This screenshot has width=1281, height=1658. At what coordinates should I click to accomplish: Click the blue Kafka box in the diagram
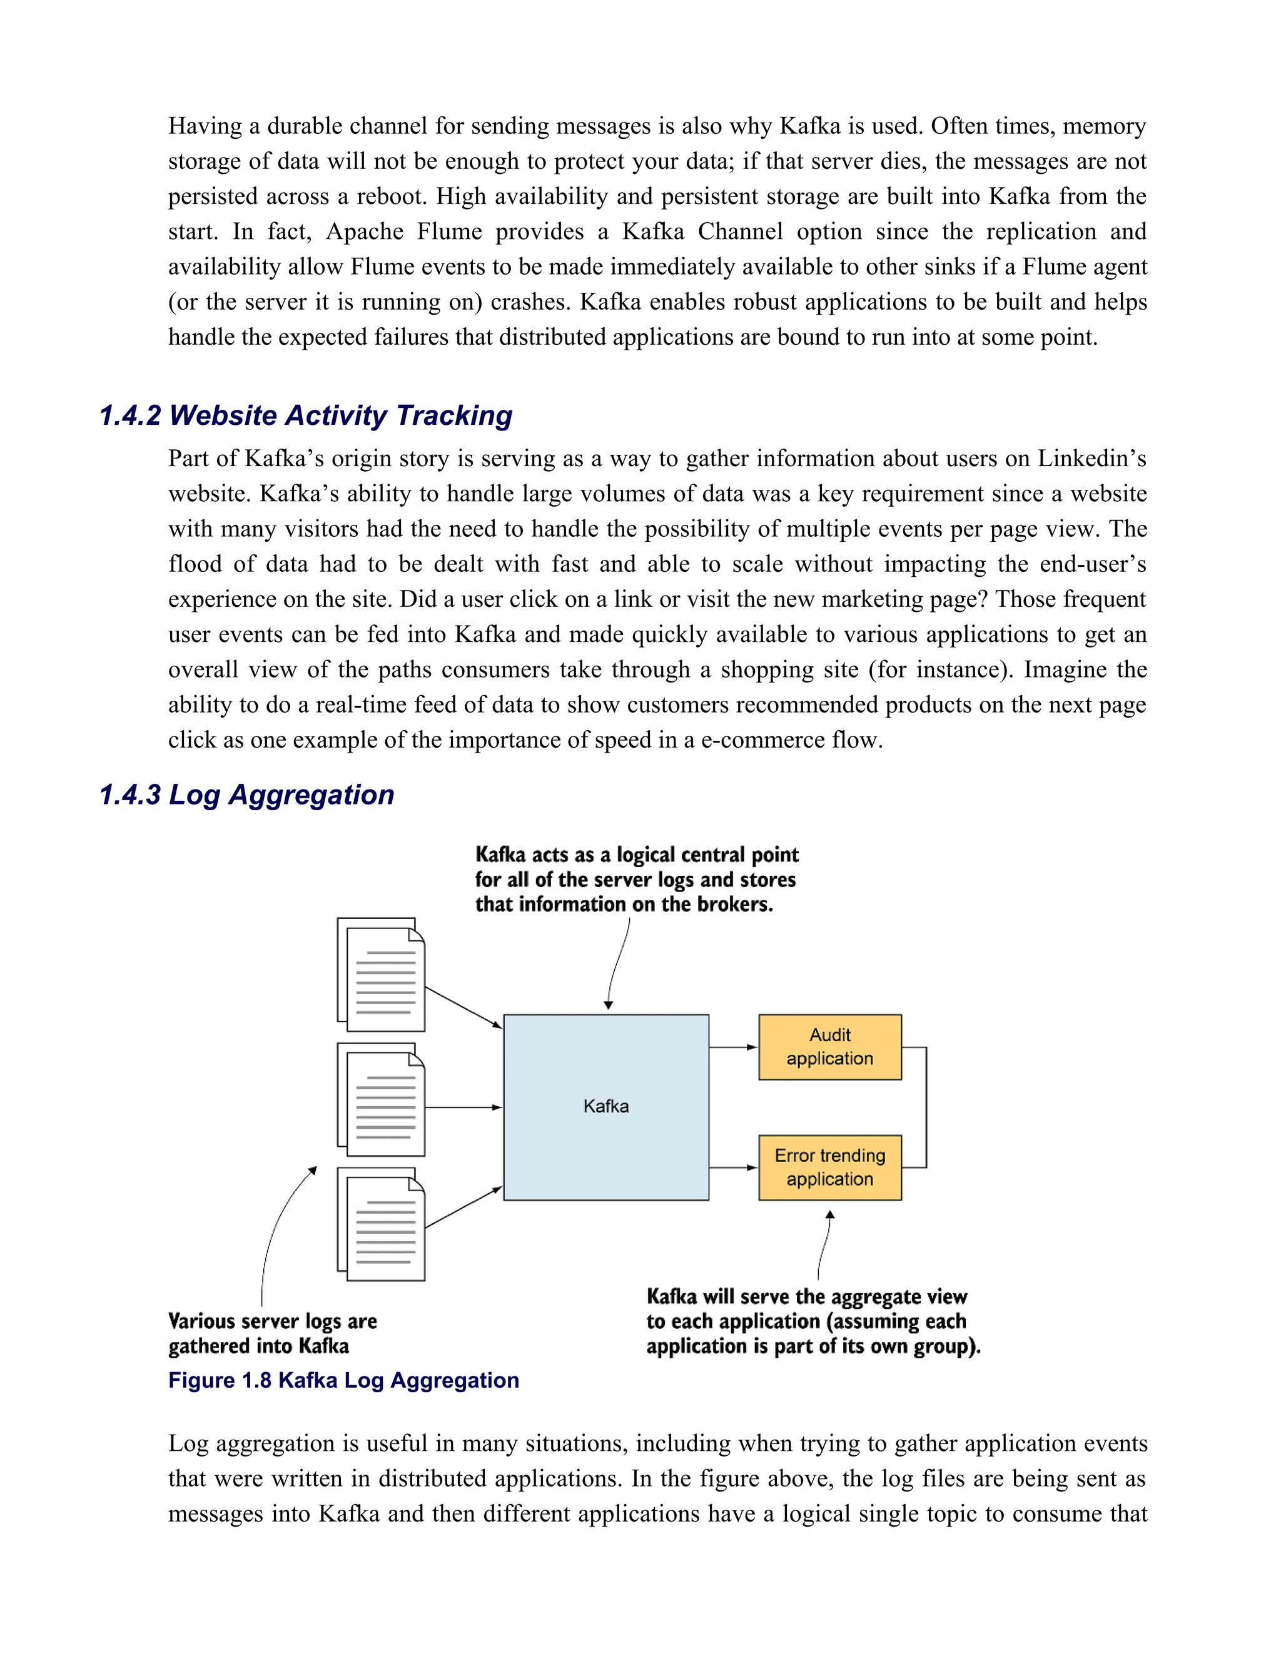click(605, 1107)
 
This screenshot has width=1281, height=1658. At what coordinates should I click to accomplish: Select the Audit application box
click(829, 1047)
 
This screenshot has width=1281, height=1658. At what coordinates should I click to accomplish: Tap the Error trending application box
click(829, 1167)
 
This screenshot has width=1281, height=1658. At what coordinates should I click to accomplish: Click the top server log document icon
click(382, 975)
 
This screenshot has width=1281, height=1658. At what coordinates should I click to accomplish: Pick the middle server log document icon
click(382, 1100)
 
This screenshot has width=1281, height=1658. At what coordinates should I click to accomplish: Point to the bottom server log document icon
click(382, 1224)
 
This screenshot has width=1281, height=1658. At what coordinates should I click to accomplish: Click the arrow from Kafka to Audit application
click(733, 1047)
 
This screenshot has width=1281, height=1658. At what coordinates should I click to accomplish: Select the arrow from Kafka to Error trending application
click(733, 1167)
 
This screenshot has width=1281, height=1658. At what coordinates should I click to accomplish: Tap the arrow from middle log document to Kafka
click(463, 1107)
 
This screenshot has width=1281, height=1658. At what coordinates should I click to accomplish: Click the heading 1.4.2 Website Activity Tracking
click(306, 415)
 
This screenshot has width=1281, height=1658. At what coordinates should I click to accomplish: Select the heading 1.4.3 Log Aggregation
click(246, 794)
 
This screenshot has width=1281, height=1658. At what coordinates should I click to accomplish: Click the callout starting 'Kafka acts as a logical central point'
click(636, 879)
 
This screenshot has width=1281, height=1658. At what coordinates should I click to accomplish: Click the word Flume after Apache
click(449, 231)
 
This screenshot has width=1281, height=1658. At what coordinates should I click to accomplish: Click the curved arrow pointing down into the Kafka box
click(616, 964)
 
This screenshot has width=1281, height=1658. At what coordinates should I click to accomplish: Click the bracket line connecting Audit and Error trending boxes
click(926, 1107)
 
